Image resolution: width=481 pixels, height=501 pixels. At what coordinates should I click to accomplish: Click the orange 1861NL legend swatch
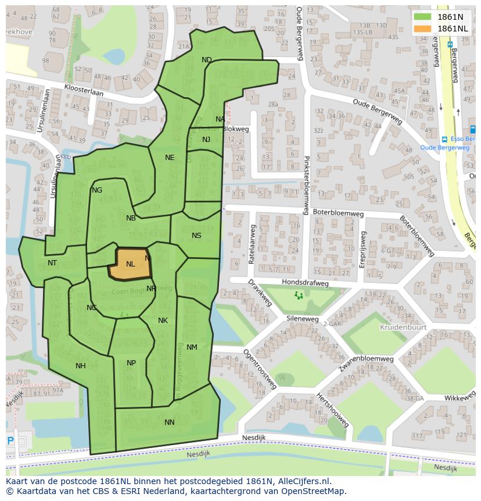(x=423, y=29)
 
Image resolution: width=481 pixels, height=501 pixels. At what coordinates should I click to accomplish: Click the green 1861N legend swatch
(x=423, y=17)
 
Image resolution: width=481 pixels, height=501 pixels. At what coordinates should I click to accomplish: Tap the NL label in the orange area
(x=131, y=264)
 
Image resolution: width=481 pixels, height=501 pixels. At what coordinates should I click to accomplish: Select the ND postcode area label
(x=207, y=60)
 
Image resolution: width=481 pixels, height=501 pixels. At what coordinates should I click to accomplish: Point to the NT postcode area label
(x=52, y=263)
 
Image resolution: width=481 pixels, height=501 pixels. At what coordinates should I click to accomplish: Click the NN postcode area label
(x=170, y=422)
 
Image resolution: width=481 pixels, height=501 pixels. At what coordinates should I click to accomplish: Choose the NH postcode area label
(x=81, y=366)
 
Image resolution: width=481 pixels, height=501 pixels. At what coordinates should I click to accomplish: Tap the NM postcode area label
(x=192, y=347)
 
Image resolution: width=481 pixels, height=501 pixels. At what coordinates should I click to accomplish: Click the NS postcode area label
(x=196, y=236)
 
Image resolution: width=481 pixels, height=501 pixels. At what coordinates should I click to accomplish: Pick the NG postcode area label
(x=97, y=190)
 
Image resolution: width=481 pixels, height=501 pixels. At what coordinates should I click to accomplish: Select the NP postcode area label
(x=131, y=363)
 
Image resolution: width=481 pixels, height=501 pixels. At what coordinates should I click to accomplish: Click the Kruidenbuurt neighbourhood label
(x=403, y=328)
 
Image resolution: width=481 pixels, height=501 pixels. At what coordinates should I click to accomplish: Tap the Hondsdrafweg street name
(x=305, y=283)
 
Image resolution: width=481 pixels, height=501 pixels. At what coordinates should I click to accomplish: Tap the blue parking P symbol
(x=10, y=441)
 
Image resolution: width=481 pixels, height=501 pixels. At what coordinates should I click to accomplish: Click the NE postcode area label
(x=170, y=158)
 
